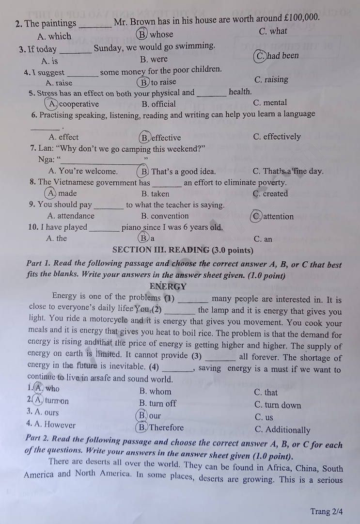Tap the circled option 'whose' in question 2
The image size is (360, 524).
point(161,34)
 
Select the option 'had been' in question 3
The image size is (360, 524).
point(283,56)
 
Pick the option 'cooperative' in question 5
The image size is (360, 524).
point(79,104)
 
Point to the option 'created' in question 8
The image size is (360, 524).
point(276,194)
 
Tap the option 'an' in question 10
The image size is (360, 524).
point(267,239)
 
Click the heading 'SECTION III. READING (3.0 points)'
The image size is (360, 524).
point(183,250)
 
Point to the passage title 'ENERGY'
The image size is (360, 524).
point(168,286)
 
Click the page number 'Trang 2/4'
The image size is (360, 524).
point(327,511)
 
